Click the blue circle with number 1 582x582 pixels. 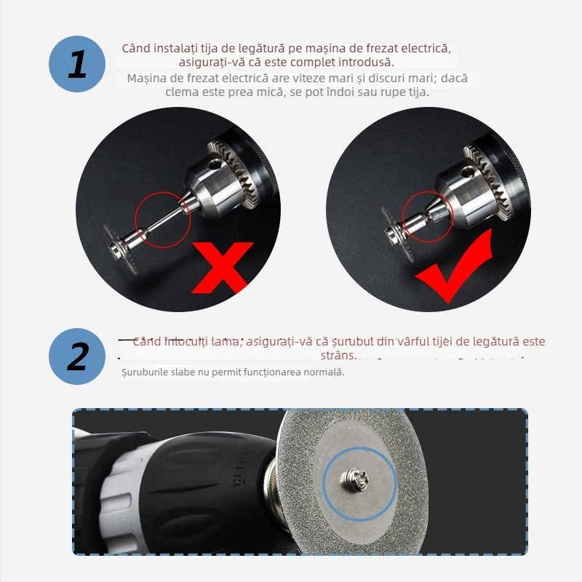78,64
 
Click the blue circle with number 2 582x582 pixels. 78,357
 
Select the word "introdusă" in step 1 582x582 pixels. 368,63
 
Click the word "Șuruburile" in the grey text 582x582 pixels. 145,372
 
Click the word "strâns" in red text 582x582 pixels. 338,355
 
